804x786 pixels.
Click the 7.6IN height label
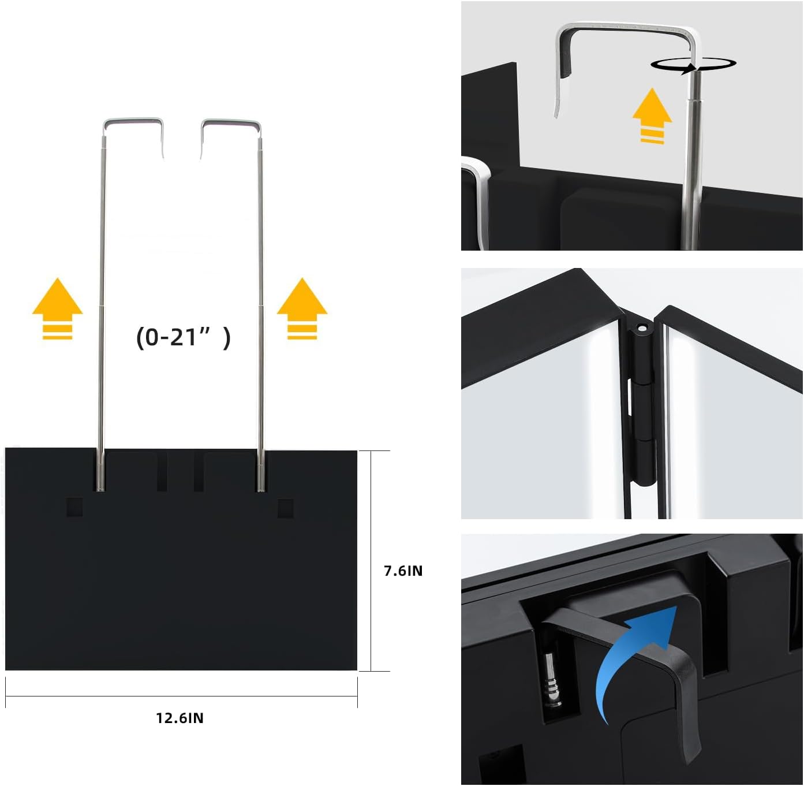coord(403,571)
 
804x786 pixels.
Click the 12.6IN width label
coord(180,718)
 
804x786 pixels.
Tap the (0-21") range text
coord(183,337)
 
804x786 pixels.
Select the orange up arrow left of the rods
coord(57,308)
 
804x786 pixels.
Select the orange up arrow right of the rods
coord(302,308)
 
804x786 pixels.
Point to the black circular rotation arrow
coord(693,65)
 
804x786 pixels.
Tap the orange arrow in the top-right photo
coord(652,116)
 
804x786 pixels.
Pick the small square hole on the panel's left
coord(74,507)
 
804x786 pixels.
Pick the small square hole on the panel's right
coord(285,508)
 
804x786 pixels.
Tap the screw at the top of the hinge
coord(640,327)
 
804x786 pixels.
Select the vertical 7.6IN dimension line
coord(371,560)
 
